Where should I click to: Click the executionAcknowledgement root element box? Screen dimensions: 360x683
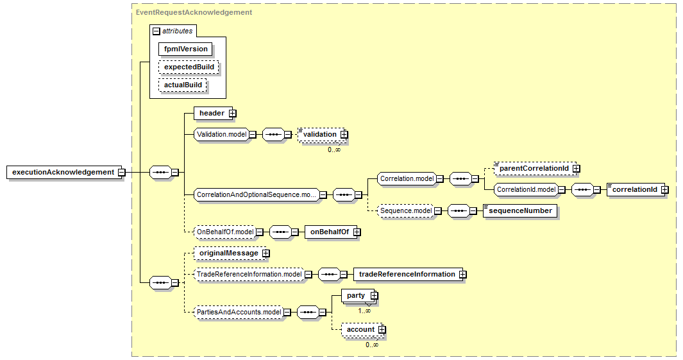coord(62,172)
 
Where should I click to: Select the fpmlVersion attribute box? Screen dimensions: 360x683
coord(185,49)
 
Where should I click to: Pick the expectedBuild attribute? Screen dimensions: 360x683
coord(189,67)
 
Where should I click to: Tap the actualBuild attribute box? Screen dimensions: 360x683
coord(183,85)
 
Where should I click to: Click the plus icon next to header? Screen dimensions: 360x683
coord(233,114)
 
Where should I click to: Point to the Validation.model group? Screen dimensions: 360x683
coord(221,134)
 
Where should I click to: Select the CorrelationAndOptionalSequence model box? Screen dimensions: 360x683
coord(256,194)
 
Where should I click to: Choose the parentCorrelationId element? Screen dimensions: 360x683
coord(534,168)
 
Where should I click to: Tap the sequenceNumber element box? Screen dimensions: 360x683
coord(520,210)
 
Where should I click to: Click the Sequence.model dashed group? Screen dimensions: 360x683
coord(405,210)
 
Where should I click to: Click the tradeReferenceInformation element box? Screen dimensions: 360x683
coord(407,274)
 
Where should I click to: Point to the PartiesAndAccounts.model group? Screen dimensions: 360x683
coord(238,312)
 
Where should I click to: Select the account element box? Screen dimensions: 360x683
coord(360,329)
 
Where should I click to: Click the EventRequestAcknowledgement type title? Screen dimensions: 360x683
coord(194,12)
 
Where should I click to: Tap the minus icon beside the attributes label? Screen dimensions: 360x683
coord(156,30)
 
